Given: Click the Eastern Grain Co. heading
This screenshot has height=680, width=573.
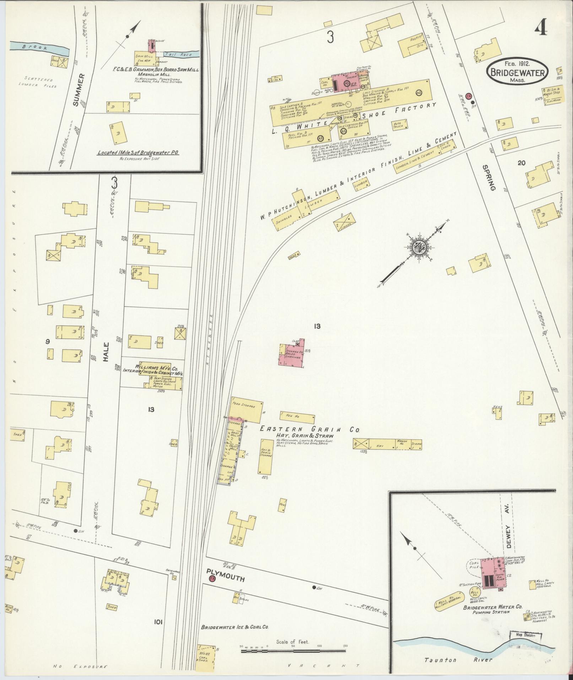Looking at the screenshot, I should point(310,429).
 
